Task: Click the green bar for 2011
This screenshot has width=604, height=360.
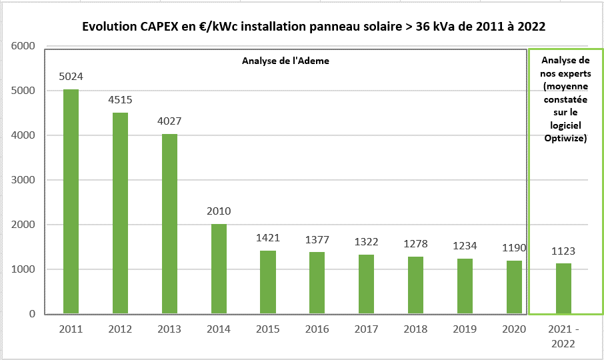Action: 71,201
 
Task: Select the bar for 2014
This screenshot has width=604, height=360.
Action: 219,269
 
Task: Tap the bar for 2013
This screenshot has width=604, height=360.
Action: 169,223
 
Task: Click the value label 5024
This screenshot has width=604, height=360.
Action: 71,77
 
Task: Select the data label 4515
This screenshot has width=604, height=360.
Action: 120,100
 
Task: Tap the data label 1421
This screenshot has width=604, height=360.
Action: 268,238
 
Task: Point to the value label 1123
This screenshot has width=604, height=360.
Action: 563,251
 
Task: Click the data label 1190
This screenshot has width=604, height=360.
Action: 514,248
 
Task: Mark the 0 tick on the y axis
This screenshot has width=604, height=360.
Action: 31,314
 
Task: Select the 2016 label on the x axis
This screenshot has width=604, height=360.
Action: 317,329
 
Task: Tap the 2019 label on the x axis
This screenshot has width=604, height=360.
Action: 465,329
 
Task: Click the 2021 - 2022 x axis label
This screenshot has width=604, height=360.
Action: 563,336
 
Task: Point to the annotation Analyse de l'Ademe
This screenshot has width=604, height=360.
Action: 285,61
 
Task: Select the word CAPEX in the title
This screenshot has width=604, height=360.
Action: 159,27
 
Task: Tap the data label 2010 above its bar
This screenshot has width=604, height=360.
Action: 219,211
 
